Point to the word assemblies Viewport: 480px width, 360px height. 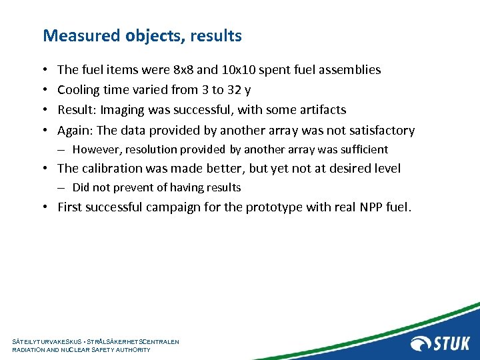(351, 69)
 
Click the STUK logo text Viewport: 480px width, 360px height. (453, 343)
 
